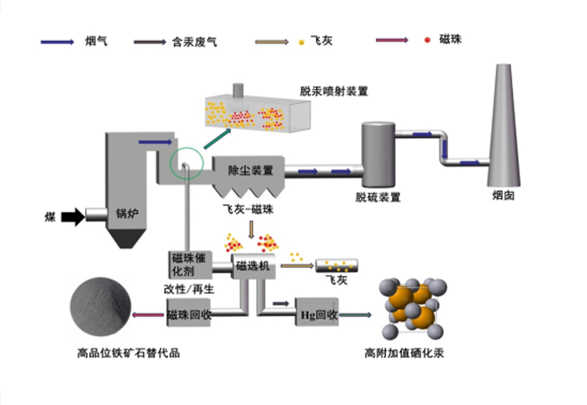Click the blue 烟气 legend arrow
click(x=57, y=42)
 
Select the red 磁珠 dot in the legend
click(x=427, y=40)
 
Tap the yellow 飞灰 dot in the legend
click(x=301, y=42)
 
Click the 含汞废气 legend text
click(x=194, y=42)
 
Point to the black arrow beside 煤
click(x=73, y=217)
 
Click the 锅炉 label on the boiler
click(x=127, y=213)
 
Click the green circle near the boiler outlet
click(x=186, y=163)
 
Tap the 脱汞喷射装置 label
click(x=334, y=91)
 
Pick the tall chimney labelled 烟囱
click(x=504, y=130)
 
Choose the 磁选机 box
click(x=253, y=266)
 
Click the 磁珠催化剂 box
click(x=189, y=264)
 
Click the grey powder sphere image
click(x=100, y=307)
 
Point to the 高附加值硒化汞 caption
click(x=404, y=353)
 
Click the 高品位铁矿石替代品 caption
click(x=128, y=353)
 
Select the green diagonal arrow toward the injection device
click(x=217, y=139)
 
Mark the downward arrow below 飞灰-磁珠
click(x=251, y=229)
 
